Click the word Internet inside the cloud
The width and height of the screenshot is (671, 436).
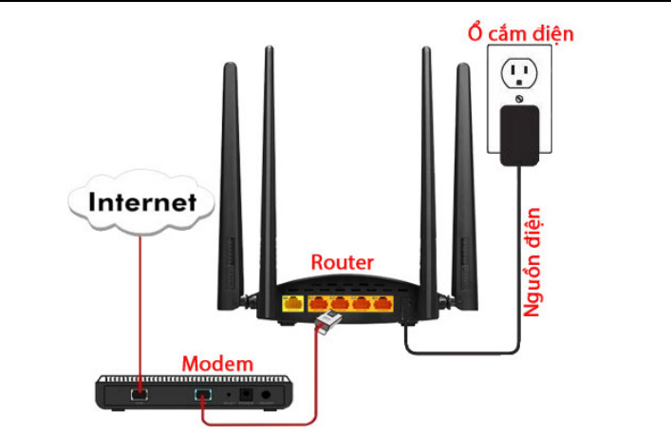tap(143, 202)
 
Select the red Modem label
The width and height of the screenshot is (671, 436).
tap(217, 363)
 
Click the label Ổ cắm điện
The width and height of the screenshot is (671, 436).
tap(521, 34)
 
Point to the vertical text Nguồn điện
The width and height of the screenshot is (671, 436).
tap(533, 261)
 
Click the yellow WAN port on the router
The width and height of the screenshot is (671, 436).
tap(291, 305)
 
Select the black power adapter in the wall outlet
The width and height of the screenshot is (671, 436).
tap(520, 133)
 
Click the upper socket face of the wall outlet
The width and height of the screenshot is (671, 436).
tap(517, 72)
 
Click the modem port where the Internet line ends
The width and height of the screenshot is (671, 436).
tap(140, 390)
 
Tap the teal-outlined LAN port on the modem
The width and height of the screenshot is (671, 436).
tap(201, 393)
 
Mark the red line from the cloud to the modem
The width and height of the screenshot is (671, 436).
tap(140, 304)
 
